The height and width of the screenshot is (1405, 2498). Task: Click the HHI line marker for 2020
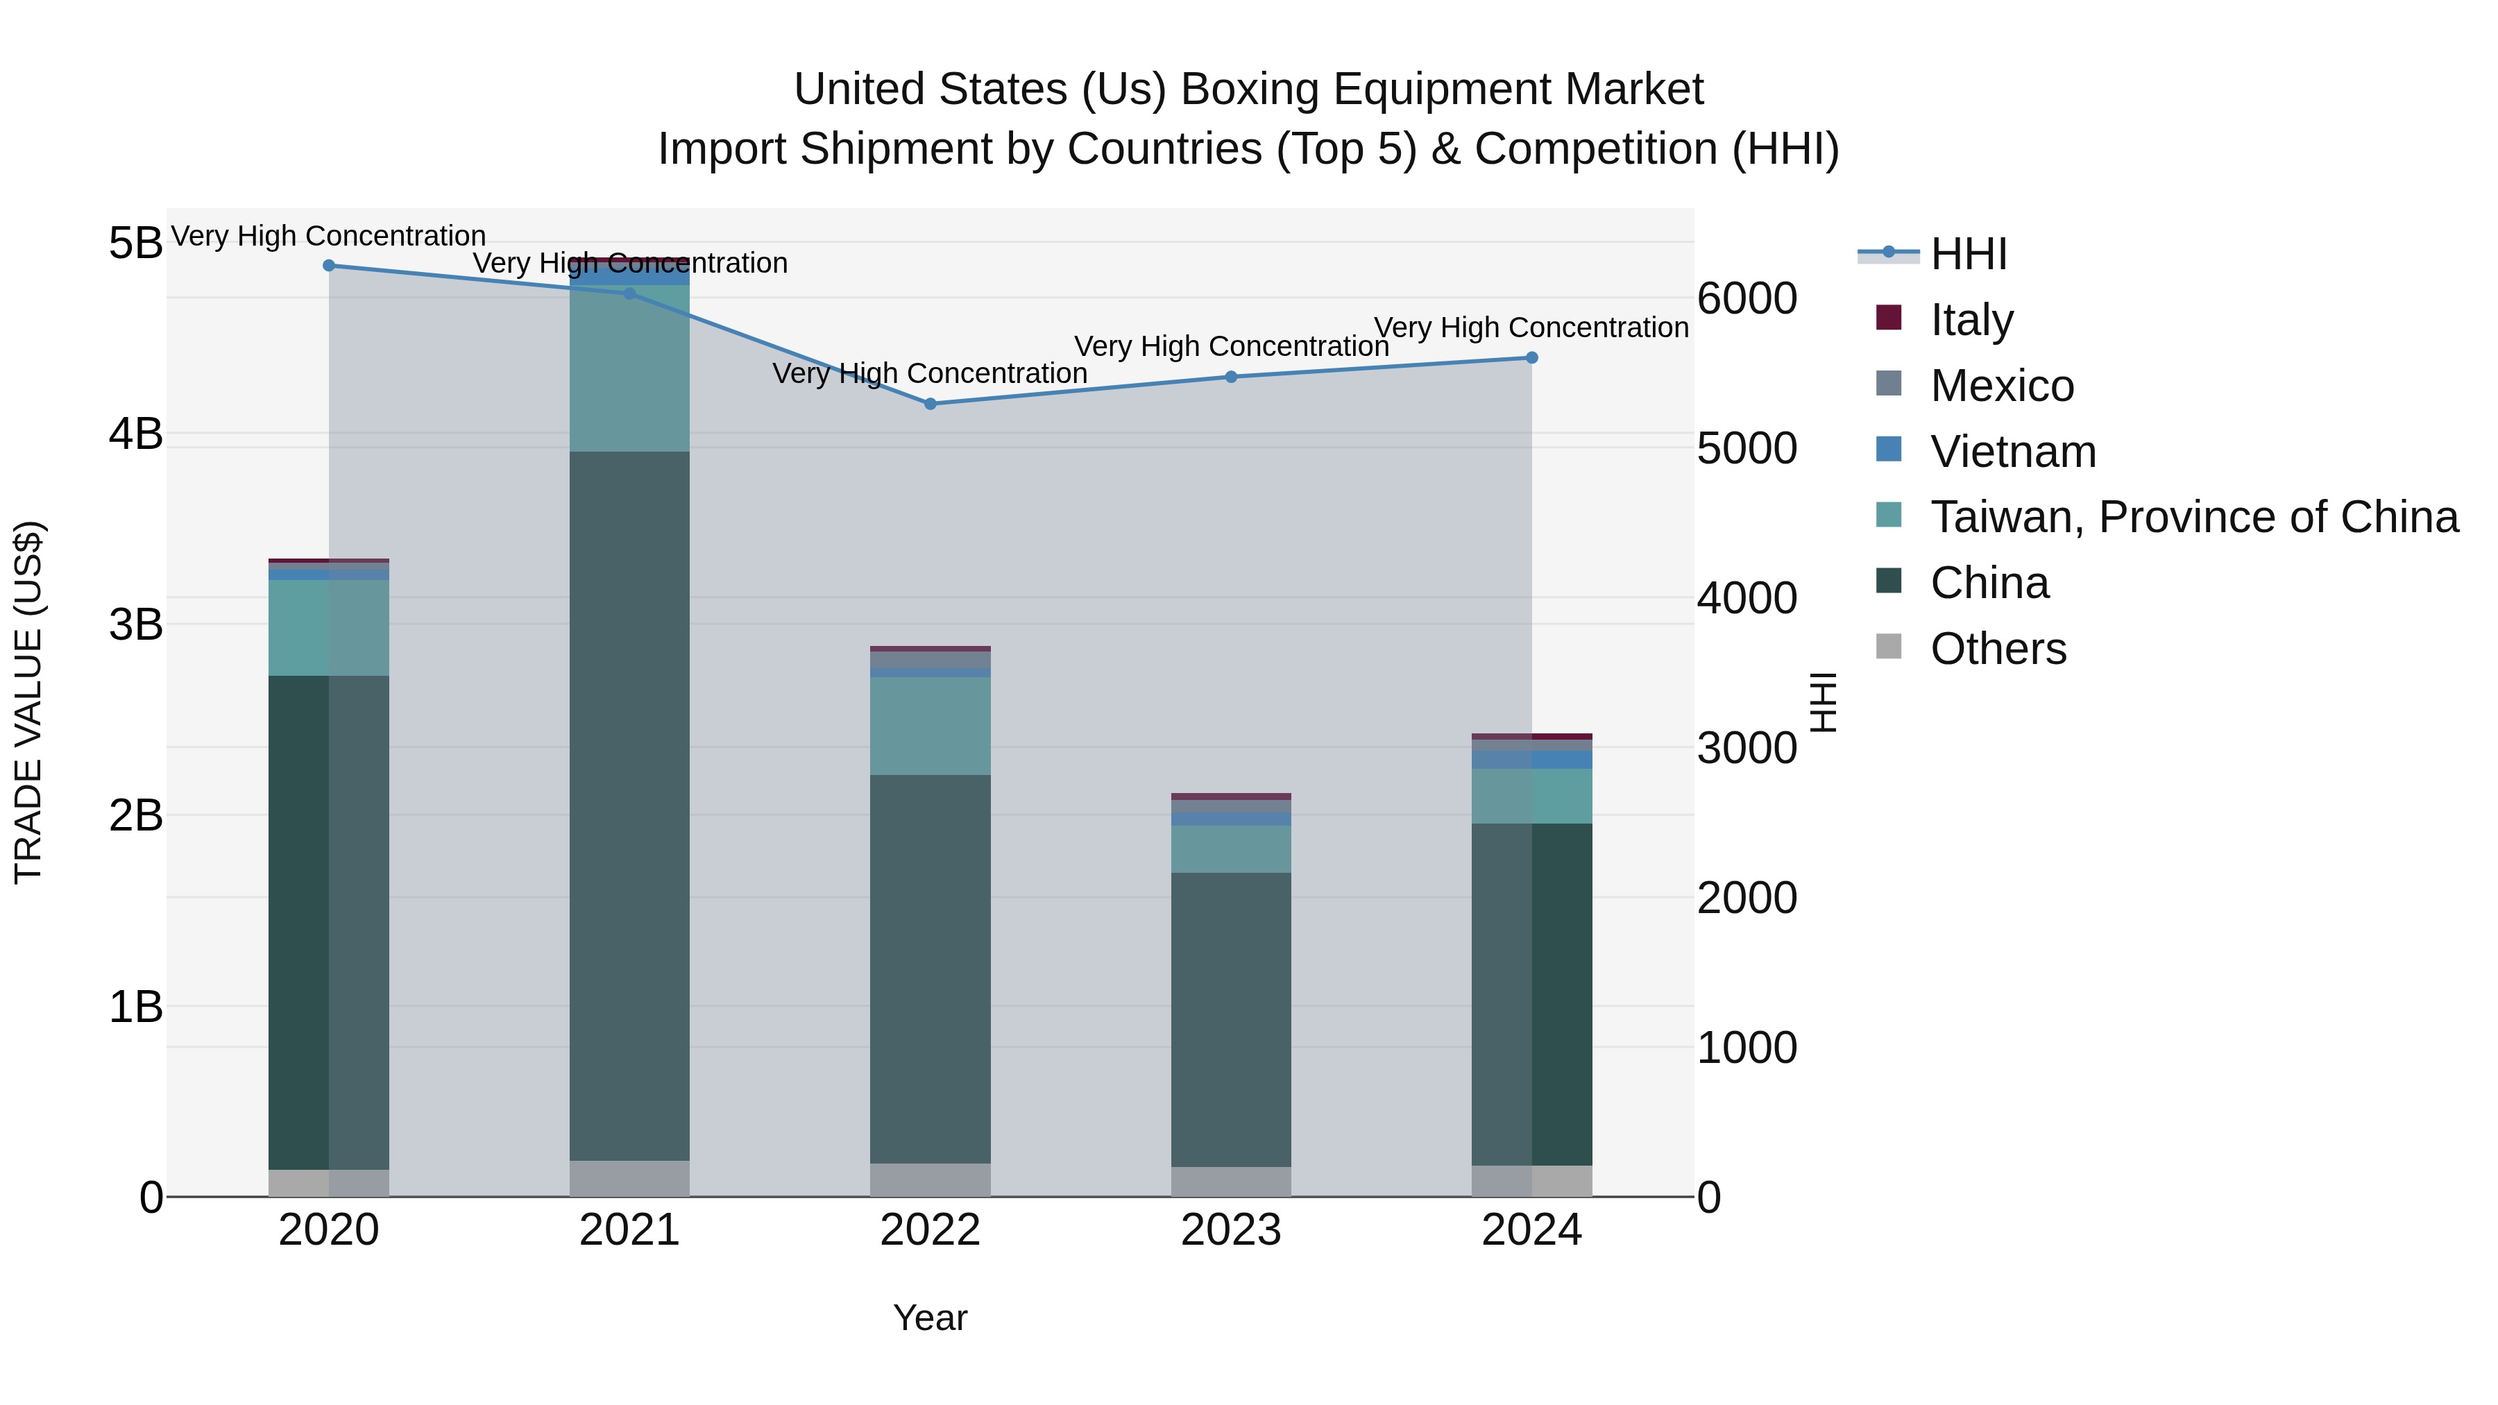(329, 266)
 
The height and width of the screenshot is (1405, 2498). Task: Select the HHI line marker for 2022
(930, 403)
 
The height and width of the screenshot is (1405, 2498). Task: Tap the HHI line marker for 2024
(1531, 358)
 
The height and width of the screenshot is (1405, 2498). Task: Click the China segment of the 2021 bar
(629, 805)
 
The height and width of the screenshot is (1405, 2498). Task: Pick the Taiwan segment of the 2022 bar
(930, 725)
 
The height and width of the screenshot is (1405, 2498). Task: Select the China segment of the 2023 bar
(1230, 1018)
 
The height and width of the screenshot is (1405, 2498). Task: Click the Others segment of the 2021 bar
(629, 1178)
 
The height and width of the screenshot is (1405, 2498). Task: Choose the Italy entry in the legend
(1971, 319)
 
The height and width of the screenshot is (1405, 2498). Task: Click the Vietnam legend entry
(2012, 451)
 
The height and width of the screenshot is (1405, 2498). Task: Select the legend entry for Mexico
(2001, 385)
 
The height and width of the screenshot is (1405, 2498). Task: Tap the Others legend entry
(1998, 648)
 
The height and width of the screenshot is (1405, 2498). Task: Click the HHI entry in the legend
(1969, 254)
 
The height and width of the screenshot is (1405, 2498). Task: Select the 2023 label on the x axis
(1230, 1229)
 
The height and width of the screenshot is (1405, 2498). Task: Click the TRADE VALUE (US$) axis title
(28, 702)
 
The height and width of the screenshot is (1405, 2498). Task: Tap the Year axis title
(930, 1318)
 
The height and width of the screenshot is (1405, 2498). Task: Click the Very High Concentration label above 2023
(1230, 346)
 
